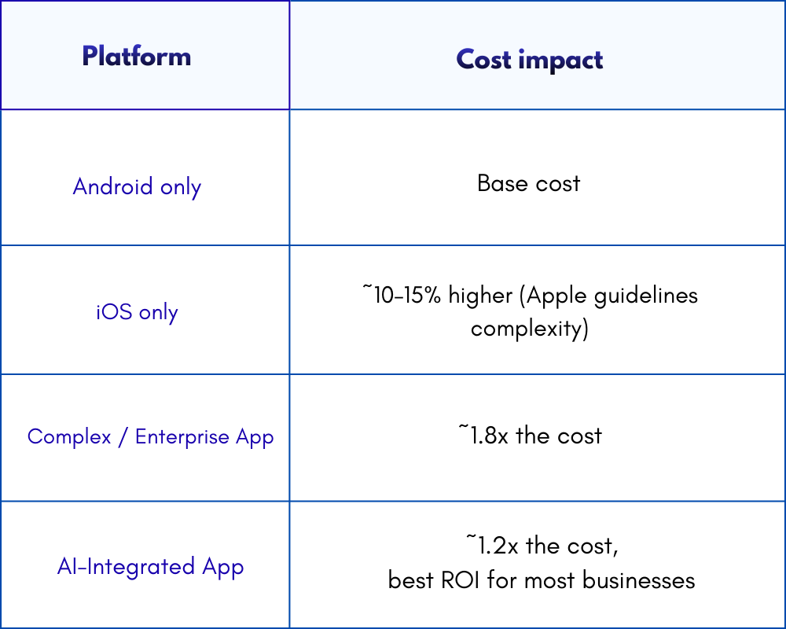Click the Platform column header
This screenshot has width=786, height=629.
pyautogui.click(x=136, y=57)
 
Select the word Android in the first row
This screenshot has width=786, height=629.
pyautogui.click(x=112, y=186)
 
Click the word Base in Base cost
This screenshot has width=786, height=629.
pyautogui.click(x=501, y=183)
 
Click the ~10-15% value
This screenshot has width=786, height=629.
pyautogui.click(x=401, y=296)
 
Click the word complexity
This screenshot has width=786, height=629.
pyautogui.click(x=529, y=329)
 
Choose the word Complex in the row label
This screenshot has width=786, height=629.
pyautogui.click(x=69, y=436)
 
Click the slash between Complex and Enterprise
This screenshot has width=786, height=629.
pyautogui.click(x=123, y=437)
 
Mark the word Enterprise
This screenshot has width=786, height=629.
pyautogui.click(x=182, y=436)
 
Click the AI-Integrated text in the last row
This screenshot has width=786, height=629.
pyautogui.click(x=126, y=567)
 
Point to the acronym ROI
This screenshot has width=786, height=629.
pyautogui.click(x=457, y=580)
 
